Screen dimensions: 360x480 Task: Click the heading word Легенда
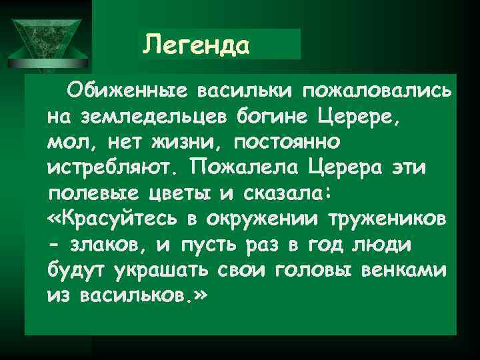[197, 45]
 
